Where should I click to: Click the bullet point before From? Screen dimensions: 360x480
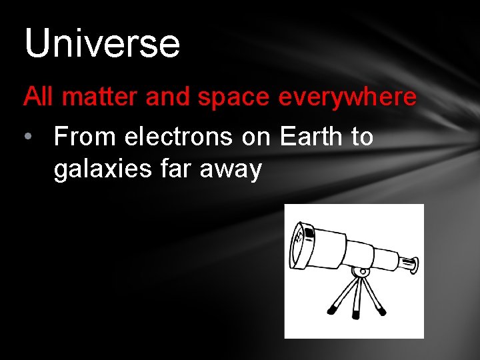(x=27, y=137)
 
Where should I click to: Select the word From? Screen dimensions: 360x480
(x=85, y=137)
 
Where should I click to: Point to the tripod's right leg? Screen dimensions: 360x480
(x=374, y=297)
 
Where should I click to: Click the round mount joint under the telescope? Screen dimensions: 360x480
(x=361, y=272)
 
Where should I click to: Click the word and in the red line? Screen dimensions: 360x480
(x=167, y=97)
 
